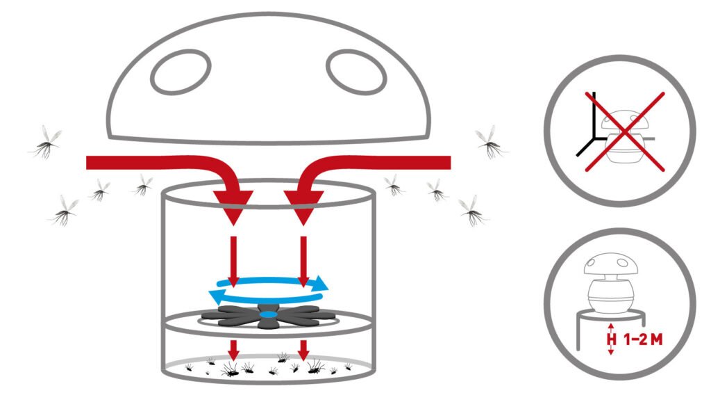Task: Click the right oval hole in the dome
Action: (356, 72)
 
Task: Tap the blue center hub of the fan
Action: (269, 314)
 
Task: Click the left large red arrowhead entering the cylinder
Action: (233, 207)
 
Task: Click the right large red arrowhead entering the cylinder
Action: (303, 207)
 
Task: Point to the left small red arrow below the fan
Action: (233, 351)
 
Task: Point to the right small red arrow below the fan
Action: (303, 351)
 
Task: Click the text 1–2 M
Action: (644, 339)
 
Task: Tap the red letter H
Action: (612, 339)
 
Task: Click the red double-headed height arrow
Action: (611, 339)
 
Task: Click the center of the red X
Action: (625, 131)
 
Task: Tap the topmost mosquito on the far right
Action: (491, 143)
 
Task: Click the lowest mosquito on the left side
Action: (64, 211)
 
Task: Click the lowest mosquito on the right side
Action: (473, 211)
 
